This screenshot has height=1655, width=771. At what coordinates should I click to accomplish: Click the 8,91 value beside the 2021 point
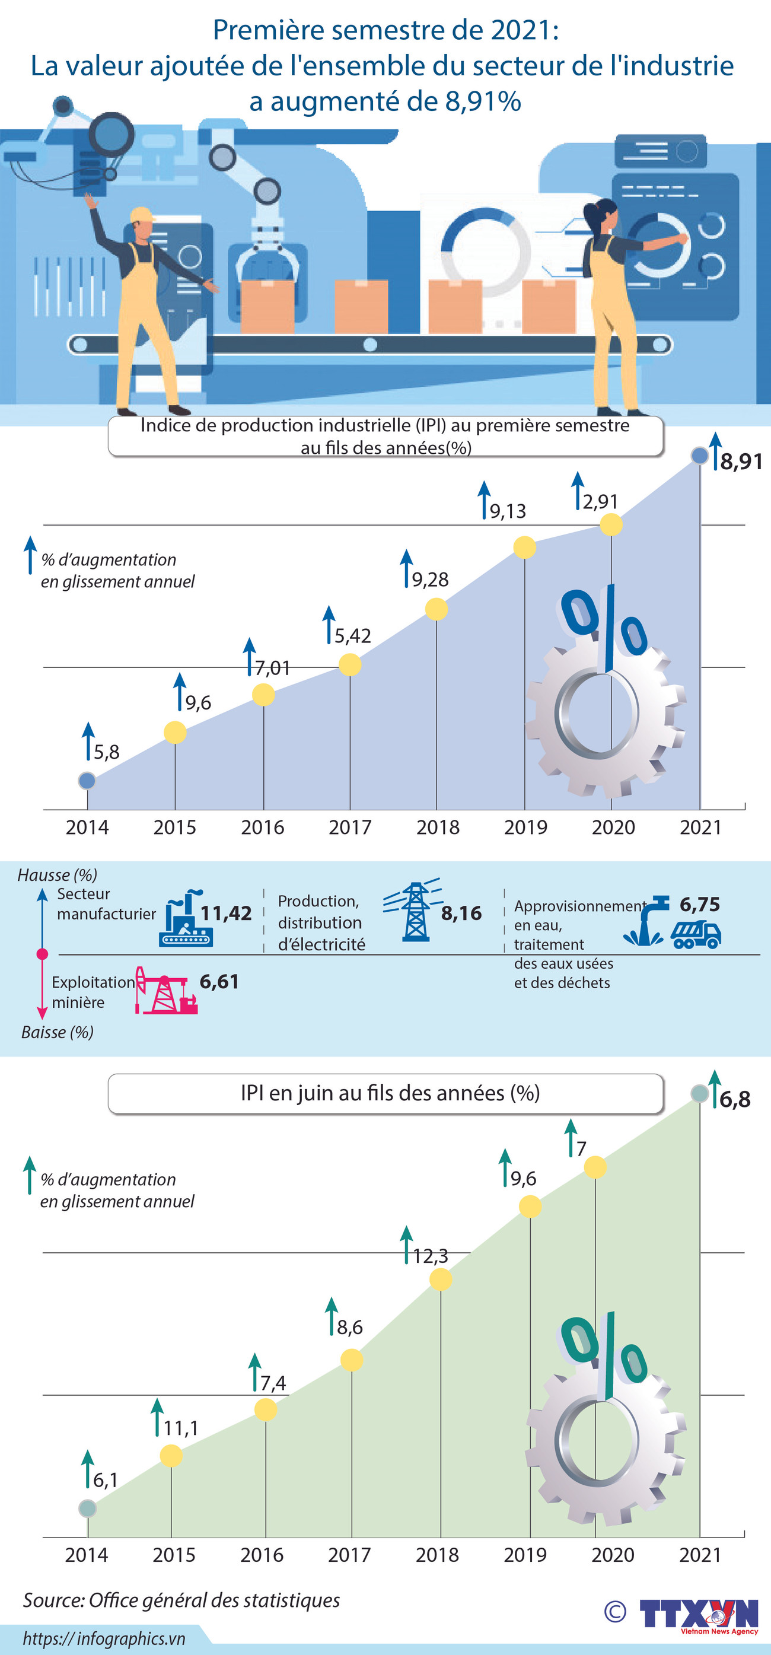pyautogui.click(x=741, y=462)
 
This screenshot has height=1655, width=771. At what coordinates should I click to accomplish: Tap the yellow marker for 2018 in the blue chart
pyautogui.click(x=437, y=609)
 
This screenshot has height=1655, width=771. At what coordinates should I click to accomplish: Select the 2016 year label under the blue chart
pyautogui.click(x=262, y=827)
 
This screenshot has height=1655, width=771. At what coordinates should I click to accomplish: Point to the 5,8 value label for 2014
pyautogui.click(x=106, y=752)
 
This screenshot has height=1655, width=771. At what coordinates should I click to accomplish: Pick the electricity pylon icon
pyautogui.click(x=415, y=912)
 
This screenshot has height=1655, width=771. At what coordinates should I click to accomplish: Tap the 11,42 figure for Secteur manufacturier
pyautogui.click(x=225, y=913)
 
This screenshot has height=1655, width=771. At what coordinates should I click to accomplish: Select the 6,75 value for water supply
pyautogui.click(x=700, y=904)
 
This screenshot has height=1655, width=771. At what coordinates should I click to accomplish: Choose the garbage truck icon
pyautogui.click(x=696, y=935)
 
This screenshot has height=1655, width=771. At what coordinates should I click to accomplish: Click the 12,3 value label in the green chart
pyautogui.click(x=430, y=1256)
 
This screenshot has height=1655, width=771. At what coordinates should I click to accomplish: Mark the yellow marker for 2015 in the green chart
pyautogui.click(x=171, y=1456)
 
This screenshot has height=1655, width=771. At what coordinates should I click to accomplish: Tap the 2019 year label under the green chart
pyautogui.click(x=525, y=1555)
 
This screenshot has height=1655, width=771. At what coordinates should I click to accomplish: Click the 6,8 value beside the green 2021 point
pyautogui.click(x=734, y=1099)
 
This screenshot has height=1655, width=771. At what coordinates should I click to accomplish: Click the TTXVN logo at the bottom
pyautogui.click(x=699, y=1613)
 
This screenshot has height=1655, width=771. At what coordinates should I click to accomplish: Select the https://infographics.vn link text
pyautogui.click(x=104, y=1638)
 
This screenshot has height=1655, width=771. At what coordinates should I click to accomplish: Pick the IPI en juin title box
pyautogui.click(x=385, y=1093)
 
